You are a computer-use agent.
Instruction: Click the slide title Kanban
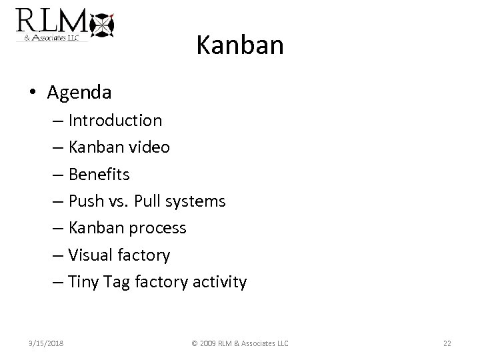[x=240, y=45]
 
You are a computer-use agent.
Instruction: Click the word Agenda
[x=79, y=93]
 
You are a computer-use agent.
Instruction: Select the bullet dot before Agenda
[x=33, y=93]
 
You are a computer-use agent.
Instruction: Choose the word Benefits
[x=99, y=175]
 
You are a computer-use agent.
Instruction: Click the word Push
[x=86, y=201]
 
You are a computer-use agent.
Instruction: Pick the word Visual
[x=91, y=255]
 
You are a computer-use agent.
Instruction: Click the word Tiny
[x=84, y=282]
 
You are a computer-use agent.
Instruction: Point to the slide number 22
[x=447, y=343]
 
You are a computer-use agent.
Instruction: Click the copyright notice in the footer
[x=240, y=343]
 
